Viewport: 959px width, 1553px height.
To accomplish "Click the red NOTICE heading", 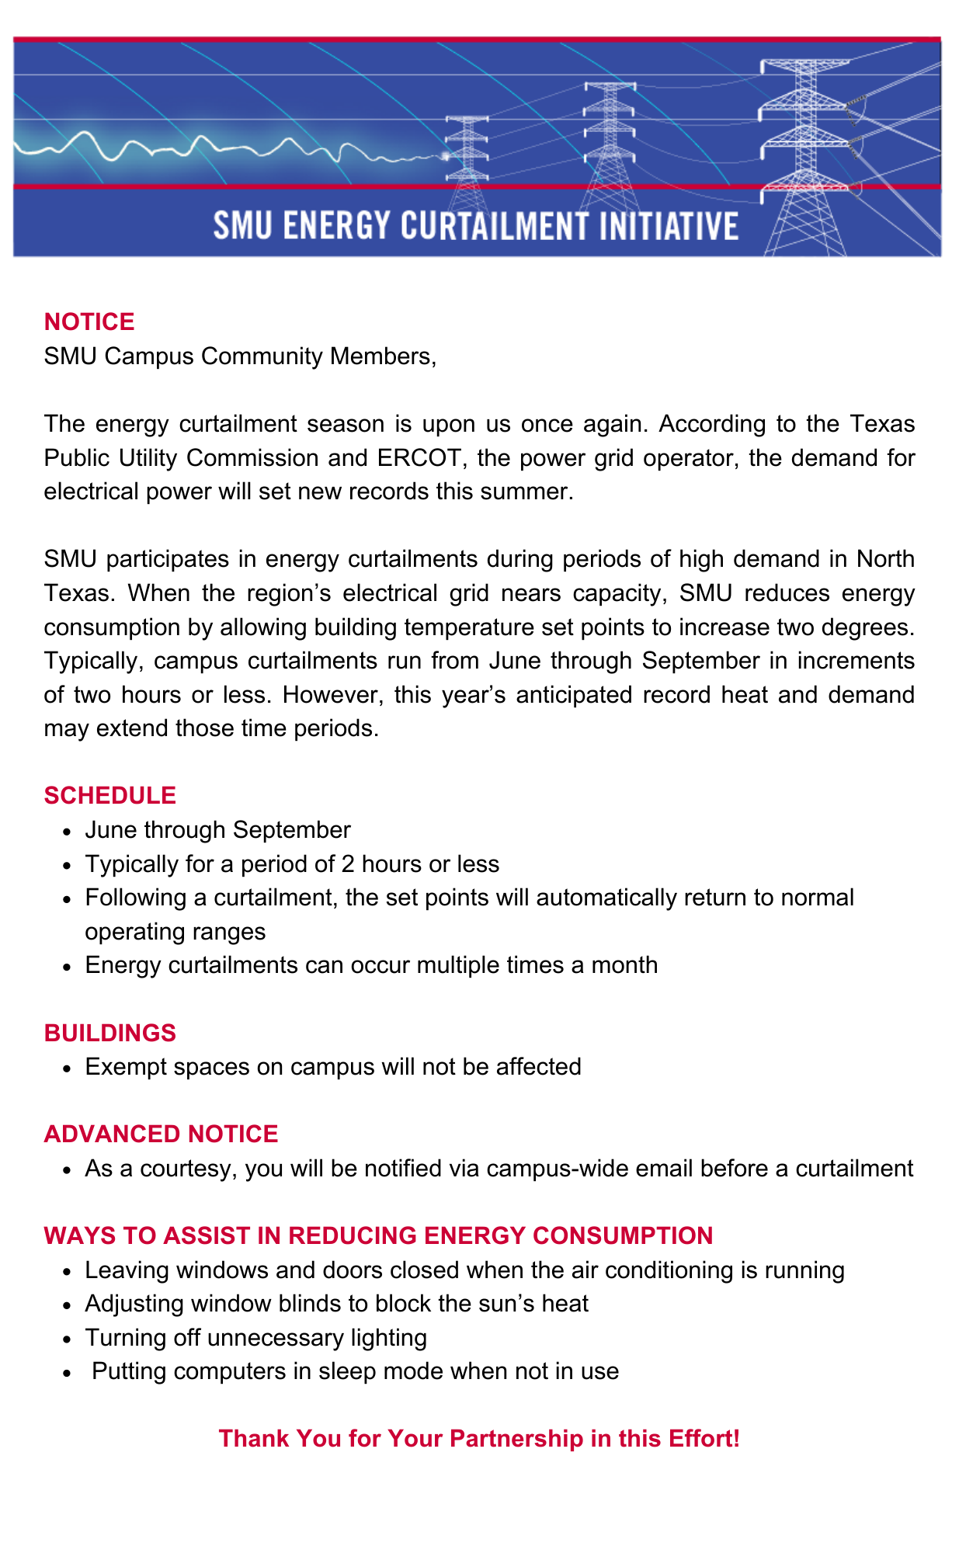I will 89,322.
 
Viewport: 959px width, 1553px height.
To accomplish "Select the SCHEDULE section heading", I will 110,796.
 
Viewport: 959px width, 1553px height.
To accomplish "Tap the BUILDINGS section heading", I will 110,1033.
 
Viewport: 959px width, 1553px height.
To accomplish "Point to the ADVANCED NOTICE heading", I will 161,1134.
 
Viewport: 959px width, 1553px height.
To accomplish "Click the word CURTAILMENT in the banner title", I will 495,226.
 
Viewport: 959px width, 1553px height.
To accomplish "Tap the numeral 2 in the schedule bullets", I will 348,864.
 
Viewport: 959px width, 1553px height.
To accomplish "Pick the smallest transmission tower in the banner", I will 467,148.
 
